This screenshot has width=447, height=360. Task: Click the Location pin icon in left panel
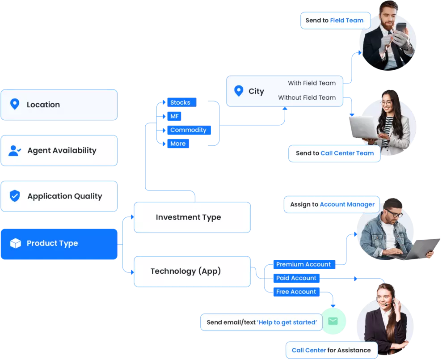(15, 105)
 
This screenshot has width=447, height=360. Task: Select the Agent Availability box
(59, 151)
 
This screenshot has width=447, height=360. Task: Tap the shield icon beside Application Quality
(15, 196)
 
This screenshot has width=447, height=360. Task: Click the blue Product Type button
(59, 244)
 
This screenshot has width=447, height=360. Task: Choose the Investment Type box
(192, 217)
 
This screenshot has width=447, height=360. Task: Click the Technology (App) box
(192, 271)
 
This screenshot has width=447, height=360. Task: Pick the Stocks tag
(180, 102)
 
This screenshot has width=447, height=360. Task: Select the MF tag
(174, 116)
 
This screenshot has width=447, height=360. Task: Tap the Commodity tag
(188, 130)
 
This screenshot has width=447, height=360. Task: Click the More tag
(177, 144)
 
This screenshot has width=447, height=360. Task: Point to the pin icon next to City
(239, 91)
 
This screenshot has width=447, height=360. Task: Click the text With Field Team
(312, 83)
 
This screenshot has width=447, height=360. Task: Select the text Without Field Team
(307, 97)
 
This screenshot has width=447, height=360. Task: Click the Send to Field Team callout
(335, 21)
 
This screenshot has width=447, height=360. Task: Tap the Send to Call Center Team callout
(334, 153)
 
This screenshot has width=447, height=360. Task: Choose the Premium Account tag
(304, 264)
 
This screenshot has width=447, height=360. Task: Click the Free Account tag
(296, 292)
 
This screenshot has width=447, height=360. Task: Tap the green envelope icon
(333, 321)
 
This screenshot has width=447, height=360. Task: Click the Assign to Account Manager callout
(332, 204)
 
